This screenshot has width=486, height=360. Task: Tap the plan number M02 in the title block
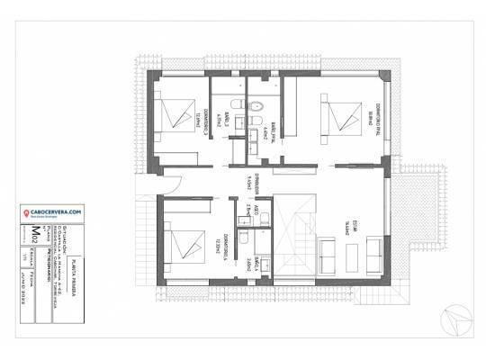35,237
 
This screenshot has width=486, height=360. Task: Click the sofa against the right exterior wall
374,253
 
